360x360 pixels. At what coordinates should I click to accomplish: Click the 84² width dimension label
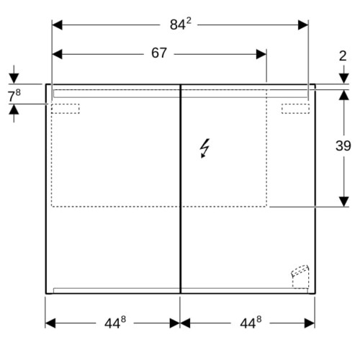(181, 24)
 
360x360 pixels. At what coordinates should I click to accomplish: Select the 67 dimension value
(159, 53)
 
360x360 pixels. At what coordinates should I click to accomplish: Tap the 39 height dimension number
(343, 145)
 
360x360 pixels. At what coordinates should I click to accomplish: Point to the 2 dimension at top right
(343, 56)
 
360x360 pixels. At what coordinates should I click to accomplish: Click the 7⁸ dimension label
(14, 96)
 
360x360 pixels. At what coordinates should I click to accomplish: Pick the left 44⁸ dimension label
(115, 323)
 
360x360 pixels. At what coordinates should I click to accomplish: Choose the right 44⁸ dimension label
(251, 323)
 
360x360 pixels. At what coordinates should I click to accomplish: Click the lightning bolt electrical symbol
(204, 148)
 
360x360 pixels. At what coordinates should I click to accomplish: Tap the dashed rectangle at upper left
(66, 109)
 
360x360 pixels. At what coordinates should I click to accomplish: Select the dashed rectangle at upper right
(295, 109)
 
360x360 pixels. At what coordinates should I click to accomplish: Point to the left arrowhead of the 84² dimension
(57, 25)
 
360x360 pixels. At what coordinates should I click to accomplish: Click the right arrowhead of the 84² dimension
(303, 25)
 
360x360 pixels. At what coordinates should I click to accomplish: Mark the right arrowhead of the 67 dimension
(261, 54)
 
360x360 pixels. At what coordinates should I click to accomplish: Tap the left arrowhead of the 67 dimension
(57, 54)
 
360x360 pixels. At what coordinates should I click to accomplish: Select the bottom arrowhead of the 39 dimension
(344, 202)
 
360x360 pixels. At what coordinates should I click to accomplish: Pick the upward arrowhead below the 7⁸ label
(14, 109)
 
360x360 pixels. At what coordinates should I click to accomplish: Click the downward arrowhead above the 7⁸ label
(14, 78)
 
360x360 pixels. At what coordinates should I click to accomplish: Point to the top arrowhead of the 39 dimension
(344, 95)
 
